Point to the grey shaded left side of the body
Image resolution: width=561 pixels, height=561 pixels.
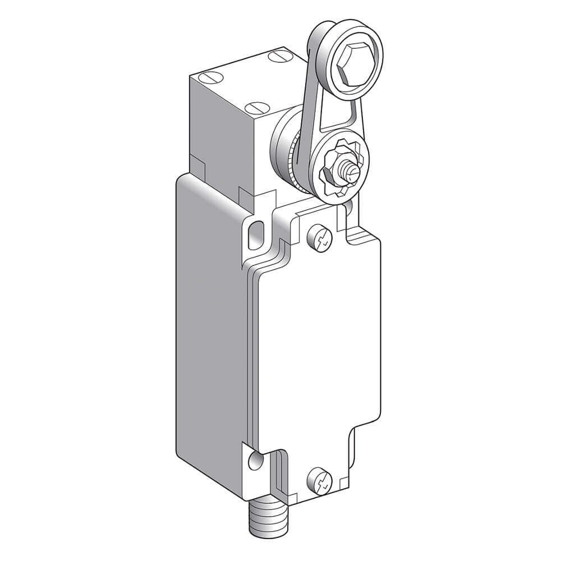click(213, 337)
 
